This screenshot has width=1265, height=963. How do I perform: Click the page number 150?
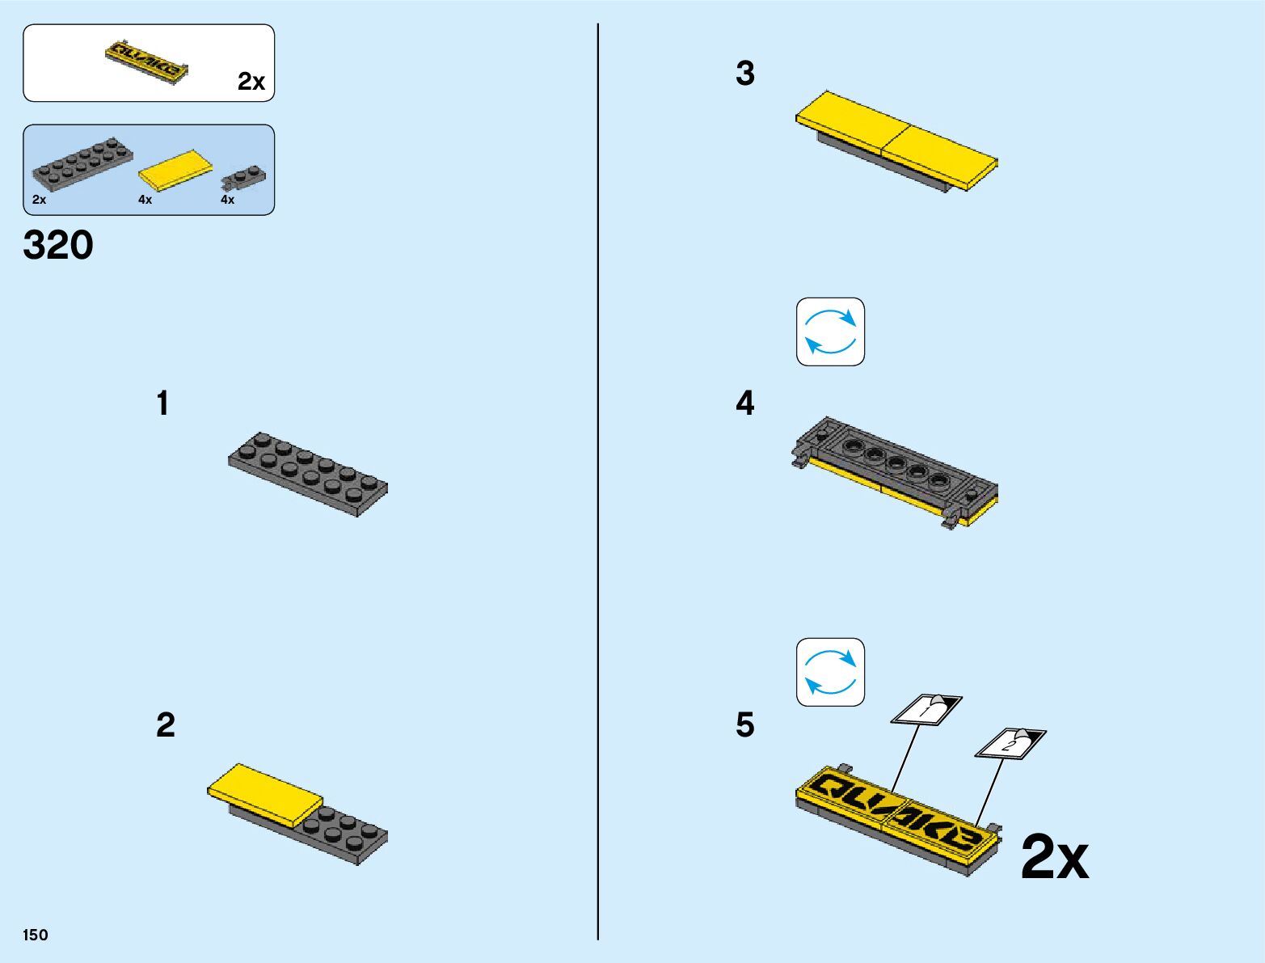pos(36,935)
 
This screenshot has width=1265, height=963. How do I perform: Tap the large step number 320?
pos(58,245)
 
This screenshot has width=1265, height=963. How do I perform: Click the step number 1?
pos(163,403)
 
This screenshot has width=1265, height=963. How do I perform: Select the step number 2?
pos(165,725)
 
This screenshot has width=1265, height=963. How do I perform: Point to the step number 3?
pos(744,74)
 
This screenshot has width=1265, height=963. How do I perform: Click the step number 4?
pos(744,403)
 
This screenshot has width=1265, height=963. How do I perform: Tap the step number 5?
pos(744,725)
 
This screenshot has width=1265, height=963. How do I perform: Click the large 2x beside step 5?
pos(1054,858)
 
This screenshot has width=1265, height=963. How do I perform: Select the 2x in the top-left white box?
pos(251,82)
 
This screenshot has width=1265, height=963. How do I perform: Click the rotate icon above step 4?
pos(830,332)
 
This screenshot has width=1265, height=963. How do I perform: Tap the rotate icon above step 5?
pos(830,672)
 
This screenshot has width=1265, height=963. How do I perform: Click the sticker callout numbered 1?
pos(926,708)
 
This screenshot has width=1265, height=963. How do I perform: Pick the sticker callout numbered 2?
pos(1010,743)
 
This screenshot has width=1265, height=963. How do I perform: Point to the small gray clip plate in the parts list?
pos(244,179)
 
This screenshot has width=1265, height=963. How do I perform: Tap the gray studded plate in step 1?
pos(308,473)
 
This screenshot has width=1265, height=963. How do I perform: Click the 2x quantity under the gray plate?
pos(39,200)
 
